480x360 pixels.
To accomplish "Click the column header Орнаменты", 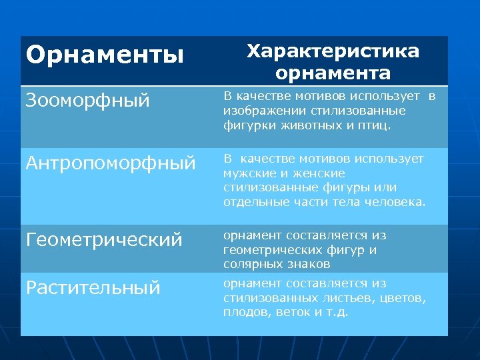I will click(x=105, y=54).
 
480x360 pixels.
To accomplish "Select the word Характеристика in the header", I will click(x=333, y=51).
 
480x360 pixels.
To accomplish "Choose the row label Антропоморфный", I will click(x=110, y=163).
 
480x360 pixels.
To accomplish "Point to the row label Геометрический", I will click(x=103, y=239).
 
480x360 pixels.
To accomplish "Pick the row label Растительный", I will click(x=93, y=287).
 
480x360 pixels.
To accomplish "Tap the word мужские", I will click(x=249, y=173).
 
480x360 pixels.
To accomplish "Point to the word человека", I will click(x=393, y=202).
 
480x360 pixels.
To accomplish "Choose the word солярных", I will click(x=249, y=264).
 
